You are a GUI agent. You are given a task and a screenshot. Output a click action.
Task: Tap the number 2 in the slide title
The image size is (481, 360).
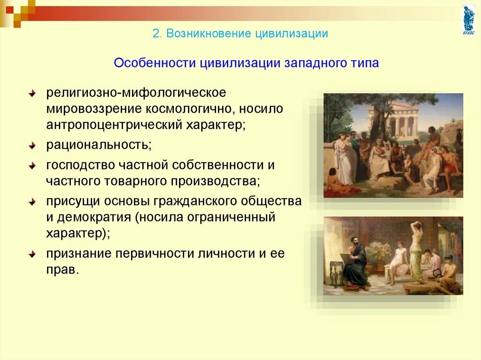(156, 33)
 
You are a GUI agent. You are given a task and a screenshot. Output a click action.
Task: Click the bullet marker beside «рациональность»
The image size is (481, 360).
(32, 146)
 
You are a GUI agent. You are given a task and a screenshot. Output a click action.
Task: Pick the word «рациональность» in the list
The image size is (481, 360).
(99, 145)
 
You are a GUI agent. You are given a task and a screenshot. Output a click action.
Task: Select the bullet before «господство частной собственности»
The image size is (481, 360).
(32, 166)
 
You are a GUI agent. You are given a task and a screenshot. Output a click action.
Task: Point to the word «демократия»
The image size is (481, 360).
(94, 217)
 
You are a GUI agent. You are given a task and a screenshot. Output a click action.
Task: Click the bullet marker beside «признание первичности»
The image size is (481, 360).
(32, 254)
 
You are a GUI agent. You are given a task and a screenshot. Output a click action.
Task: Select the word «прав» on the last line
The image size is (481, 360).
(62, 270)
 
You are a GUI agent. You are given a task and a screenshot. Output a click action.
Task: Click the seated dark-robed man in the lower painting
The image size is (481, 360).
(355, 264)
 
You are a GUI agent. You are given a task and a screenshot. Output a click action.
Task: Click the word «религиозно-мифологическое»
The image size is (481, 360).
(136, 93)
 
